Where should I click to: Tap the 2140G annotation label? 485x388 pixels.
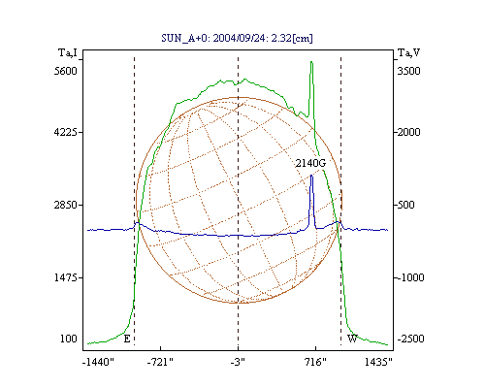tap(310, 163)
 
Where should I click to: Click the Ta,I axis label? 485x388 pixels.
tap(68, 52)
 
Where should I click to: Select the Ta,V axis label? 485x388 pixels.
tap(409, 52)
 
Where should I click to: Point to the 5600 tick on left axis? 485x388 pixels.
tap(66, 71)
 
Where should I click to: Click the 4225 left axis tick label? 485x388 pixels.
tap(66, 132)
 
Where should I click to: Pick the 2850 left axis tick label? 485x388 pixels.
tap(66, 205)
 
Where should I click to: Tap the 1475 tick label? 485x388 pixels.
tap(66, 277)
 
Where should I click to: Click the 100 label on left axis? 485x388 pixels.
tap(69, 339)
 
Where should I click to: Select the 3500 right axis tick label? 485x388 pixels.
tap(408, 71)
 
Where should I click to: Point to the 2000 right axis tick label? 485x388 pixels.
tap(408, 132)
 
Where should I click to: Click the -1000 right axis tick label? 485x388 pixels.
tap(410, 277)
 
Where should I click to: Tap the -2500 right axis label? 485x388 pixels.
tap(410, 339)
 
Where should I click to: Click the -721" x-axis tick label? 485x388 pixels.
tap(160, 362)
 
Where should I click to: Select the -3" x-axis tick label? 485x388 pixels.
tap(238, 362)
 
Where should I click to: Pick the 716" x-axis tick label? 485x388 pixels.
tap(315, 362)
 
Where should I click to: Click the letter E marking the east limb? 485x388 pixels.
tap(127, 339)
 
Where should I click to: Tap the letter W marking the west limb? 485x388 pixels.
tap(352, 339)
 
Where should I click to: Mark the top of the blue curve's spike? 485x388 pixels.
tap(311, 175)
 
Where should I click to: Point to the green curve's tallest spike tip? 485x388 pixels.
tap(311, 61)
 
